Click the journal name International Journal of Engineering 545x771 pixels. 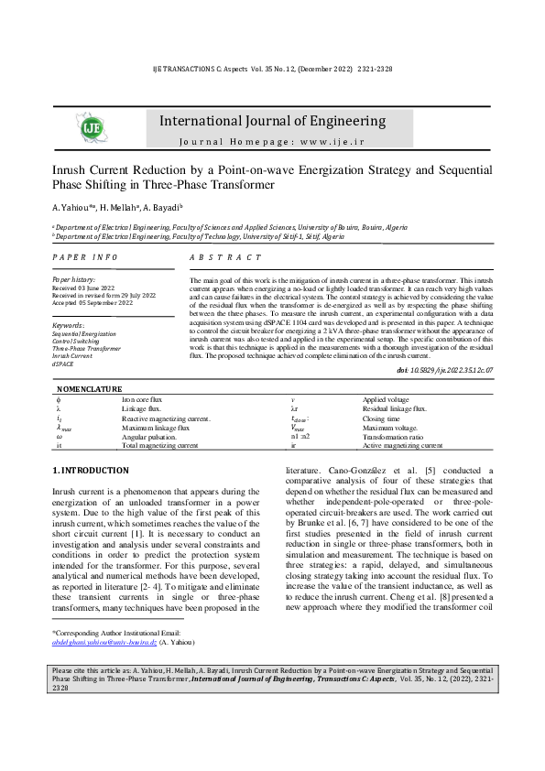[271, 121]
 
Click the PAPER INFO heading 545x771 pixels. [84, 258]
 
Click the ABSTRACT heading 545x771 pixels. [224, 258]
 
